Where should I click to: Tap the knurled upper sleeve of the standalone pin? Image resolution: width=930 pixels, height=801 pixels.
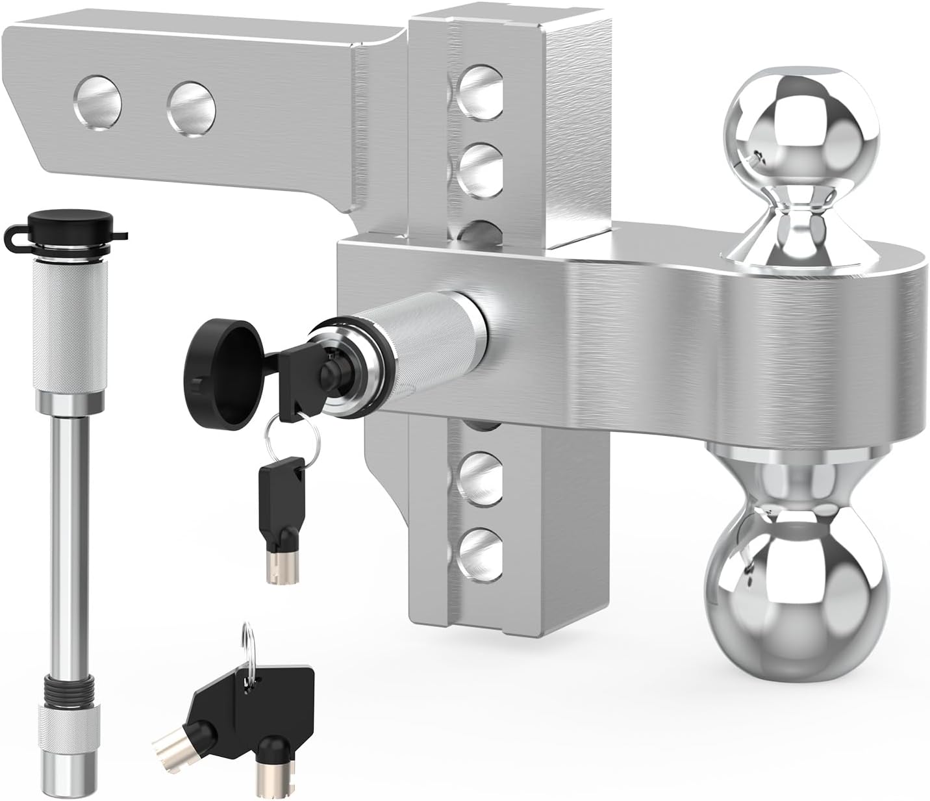coord(65,325)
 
